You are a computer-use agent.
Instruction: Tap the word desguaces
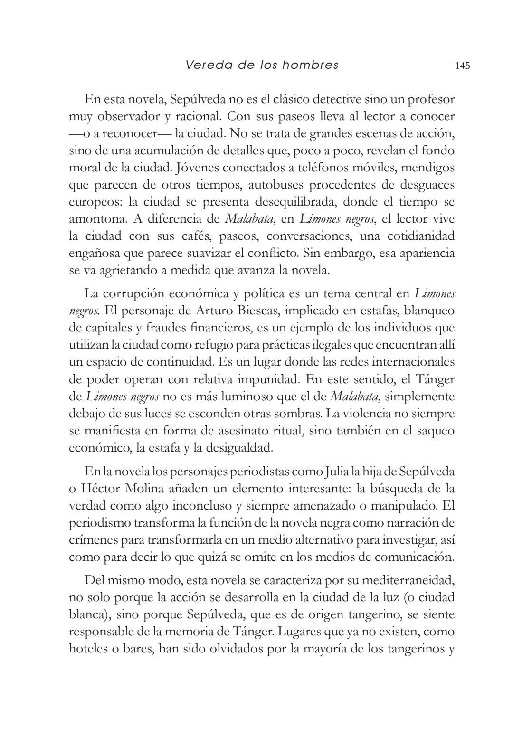click(x=427, y=185)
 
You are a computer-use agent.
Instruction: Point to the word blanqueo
click(x=430, y=311)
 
